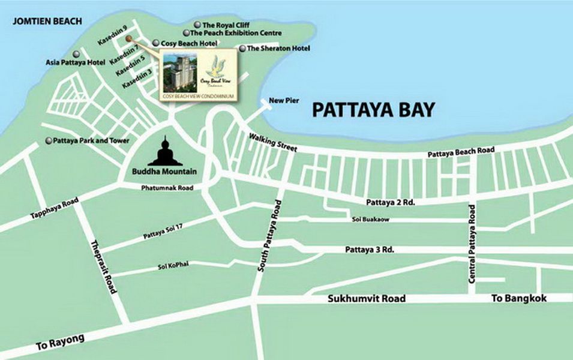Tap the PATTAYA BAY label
(x=374, y=110)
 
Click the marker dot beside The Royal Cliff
(x=196, y=25)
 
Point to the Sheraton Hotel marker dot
(x=242, y=48)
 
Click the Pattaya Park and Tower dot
(x=49, y=141)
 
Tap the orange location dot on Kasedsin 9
(x=128, y=38)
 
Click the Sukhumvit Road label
(x=367, y=298)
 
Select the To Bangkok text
(x=518, y=298)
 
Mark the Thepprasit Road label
(x=102, y=266)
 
